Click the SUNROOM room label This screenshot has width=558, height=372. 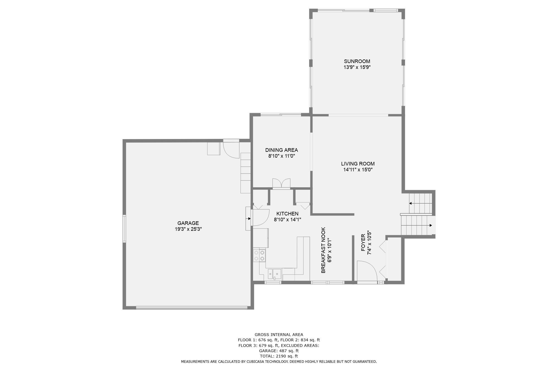coord(357,61)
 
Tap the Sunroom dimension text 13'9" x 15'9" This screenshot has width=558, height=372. coord(357,67)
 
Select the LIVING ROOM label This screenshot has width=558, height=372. coord(358,164)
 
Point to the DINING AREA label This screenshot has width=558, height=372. coord(282,150)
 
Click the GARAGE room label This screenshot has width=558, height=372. coord(188,223)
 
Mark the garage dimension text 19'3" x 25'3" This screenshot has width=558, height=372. coord(188,229)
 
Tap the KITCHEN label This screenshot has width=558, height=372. coord(287,214)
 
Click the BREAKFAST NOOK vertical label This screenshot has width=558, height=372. coord(323,250)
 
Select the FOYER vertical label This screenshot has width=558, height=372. coord(363,243)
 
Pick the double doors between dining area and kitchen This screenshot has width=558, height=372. coord(281,184)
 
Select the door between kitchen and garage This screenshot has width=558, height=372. coord(260,217)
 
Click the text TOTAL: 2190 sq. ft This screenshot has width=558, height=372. coord(279,356)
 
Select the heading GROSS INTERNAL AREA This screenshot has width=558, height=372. coord(279,335)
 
